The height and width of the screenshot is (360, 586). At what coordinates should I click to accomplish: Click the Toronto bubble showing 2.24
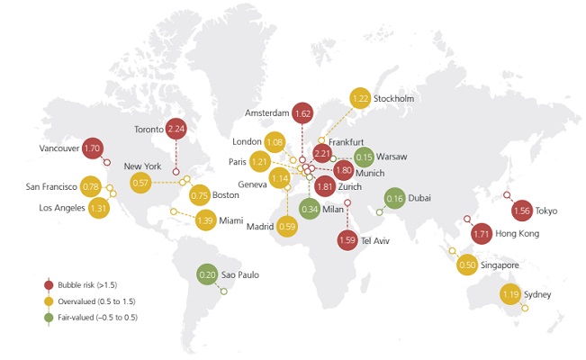176,129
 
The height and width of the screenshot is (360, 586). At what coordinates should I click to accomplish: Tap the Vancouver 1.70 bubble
92,148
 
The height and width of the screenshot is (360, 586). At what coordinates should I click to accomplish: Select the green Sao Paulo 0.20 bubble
208,274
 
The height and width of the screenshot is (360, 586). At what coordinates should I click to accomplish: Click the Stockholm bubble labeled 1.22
360,97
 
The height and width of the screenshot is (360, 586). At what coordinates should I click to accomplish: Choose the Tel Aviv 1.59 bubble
349,240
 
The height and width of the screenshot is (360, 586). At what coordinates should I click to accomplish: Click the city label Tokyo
546,211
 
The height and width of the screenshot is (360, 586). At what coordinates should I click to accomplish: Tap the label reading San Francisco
52,187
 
